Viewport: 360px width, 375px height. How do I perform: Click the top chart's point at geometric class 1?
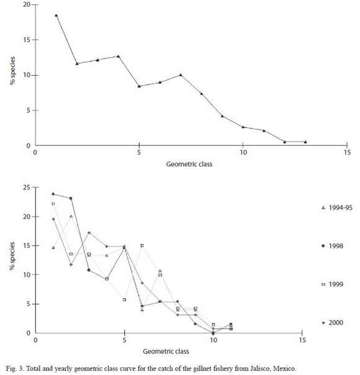pyautogui.click(x=56, y=16)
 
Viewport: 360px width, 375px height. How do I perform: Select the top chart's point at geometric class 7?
pyautogui.click(x=181, y=75)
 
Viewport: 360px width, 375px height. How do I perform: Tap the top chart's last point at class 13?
pyautogui.click(x=305, y=142)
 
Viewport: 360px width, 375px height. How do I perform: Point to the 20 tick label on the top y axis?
pyautogui.click(x=27, y=4)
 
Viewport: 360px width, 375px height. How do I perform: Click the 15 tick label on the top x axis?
pyautogui.click(x=347, y=152)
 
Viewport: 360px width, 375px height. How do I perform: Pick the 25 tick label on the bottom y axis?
pyautogui.click(x=27, y=187)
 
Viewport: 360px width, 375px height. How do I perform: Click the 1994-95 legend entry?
pyautogui.click(x=337, y=207)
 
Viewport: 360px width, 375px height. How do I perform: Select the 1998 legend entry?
pyautogui.click(x=333, y=246)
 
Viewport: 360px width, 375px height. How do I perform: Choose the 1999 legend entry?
pyautogui.click(x=333, y=284)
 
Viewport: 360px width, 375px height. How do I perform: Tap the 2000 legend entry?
pyautogui.click(x=333, y=323)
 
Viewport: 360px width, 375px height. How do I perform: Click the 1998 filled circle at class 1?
pyautogui.click(x=53, y=194)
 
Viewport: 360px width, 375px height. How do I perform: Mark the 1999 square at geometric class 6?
pyautogui.click(x=142, y=246)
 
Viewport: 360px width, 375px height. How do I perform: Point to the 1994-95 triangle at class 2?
pyautogui.click(x=71, y=217)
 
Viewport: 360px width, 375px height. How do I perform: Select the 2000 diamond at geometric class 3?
pyautogui.click(x=89, y=232)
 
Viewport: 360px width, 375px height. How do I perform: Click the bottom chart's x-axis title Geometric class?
pyautogui.click(x=166, y=351)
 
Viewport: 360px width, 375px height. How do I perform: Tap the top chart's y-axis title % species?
pyautogui.click(x=12, y=71)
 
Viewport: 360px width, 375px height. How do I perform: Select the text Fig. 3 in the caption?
pyautogui.click(x=15, y=368)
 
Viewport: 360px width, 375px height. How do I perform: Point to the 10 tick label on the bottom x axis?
pyautogui.click(x=214, y=340)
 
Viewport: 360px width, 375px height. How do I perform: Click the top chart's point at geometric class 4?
pyautogui.click(x=118, y=56)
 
